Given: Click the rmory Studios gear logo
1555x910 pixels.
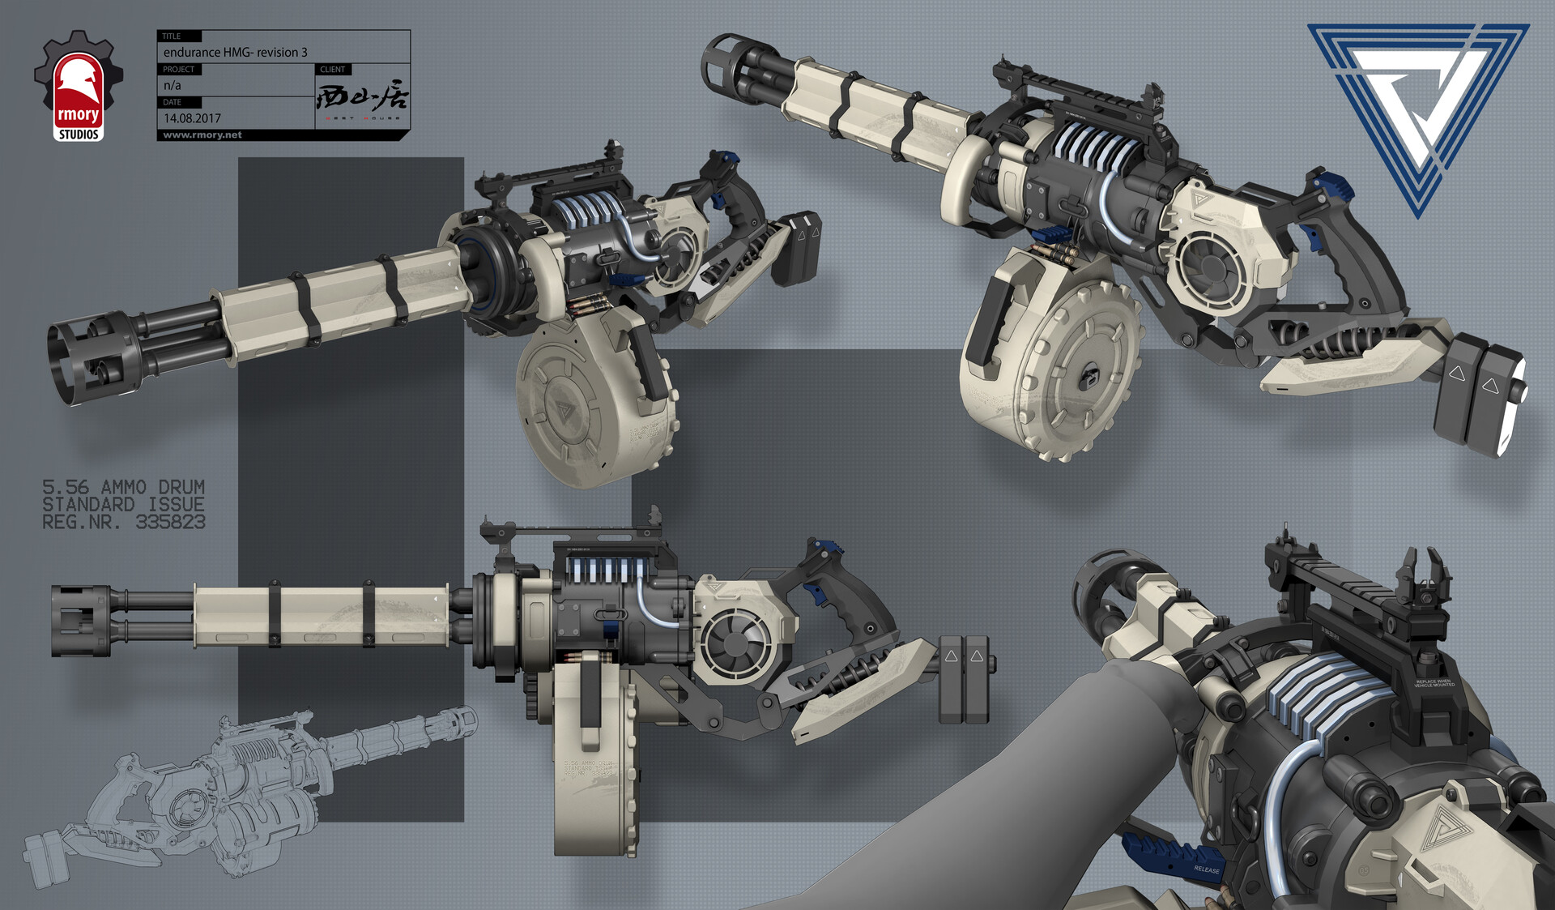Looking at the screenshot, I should coord(78,86).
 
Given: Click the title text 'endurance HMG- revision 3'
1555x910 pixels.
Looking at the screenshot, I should coord(235,52).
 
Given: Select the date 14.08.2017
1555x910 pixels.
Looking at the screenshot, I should coord(192,118).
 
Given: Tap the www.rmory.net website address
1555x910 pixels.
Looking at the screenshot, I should coord(202,135).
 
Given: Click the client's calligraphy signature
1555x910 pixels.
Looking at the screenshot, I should coord(362,98).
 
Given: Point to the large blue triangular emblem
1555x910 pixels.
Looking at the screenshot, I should coord(1417,105).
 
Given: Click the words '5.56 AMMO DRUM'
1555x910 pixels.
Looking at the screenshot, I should coord(123,487).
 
